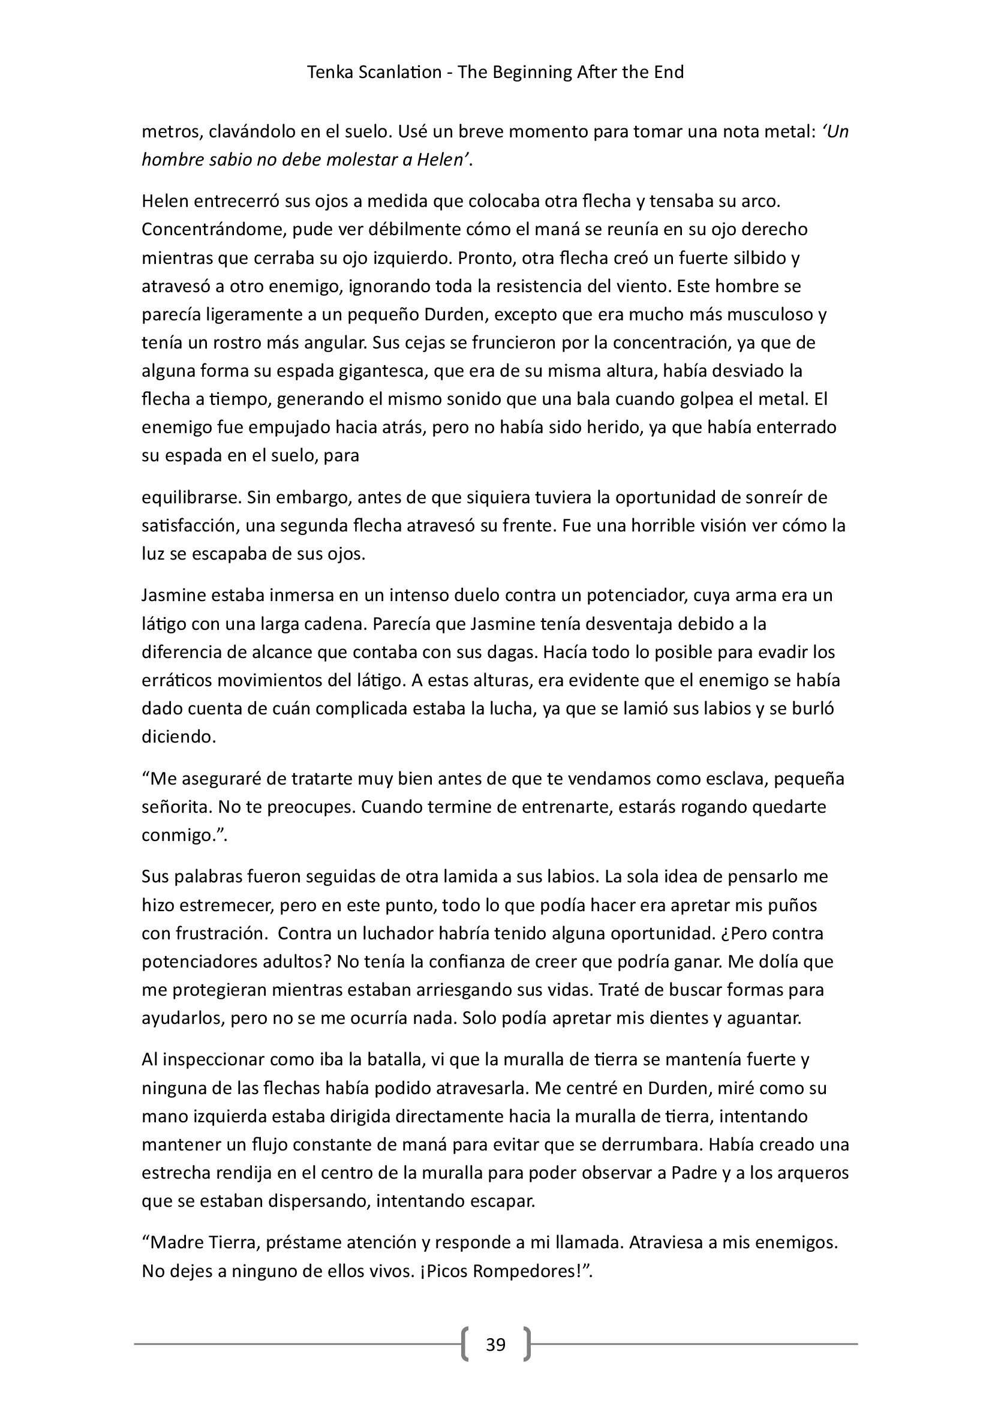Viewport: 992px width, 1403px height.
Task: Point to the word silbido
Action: click(x=759, y=258)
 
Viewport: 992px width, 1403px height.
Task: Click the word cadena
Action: click(x=332, y=624)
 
